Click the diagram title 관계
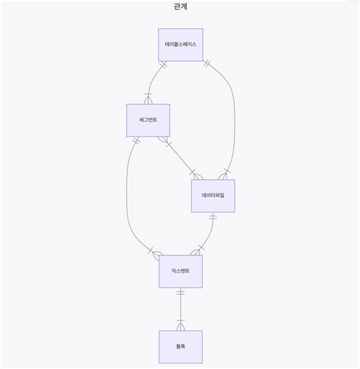(x=180, y=6)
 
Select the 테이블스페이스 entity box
(x=181, y=45)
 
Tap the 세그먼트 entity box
(x=148, y=119)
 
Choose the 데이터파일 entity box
(x=213, y=195)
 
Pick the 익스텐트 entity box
(x=181, y=271)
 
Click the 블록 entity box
(x=181, y=346)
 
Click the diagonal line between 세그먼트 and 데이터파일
(x=181, y=157)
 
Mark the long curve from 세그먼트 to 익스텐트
(x=128, y=197)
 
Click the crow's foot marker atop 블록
(x=181, y=326)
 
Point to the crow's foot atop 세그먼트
(x=148, y=99)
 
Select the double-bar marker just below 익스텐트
(x=181, y=293)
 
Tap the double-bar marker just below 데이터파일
(x=213, y=218)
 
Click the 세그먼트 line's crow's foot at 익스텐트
(x=156, y=252)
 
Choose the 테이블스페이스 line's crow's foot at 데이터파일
(x=225, y=175)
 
